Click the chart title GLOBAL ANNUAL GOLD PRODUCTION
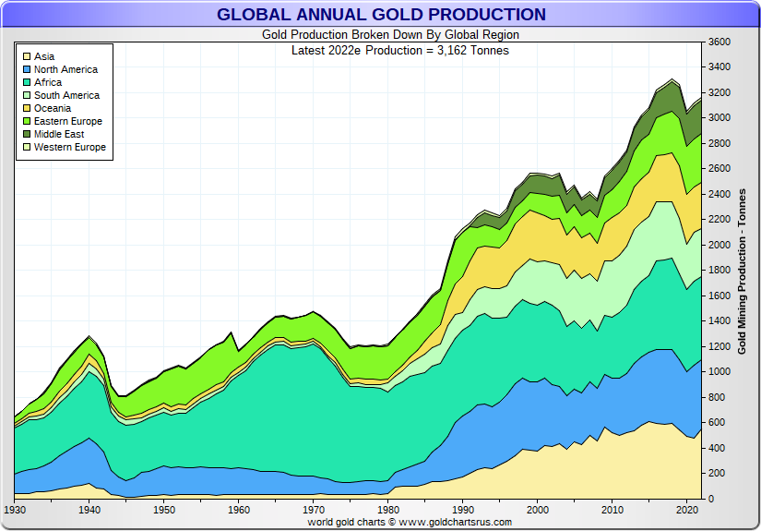point(381,14)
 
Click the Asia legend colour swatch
point(27,56)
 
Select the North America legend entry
point(65,69)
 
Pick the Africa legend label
point(48,82)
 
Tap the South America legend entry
point(66,95)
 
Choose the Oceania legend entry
point(53,108)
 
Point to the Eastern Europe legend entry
point(68,121)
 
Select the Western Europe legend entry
point(70,147)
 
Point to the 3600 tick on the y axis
point(719,42)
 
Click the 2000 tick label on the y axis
point(719,245)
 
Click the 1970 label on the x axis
point(313,509)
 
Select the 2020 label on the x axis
point(686,509)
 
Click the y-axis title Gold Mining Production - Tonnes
point(742,271)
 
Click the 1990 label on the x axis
point(462,509)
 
